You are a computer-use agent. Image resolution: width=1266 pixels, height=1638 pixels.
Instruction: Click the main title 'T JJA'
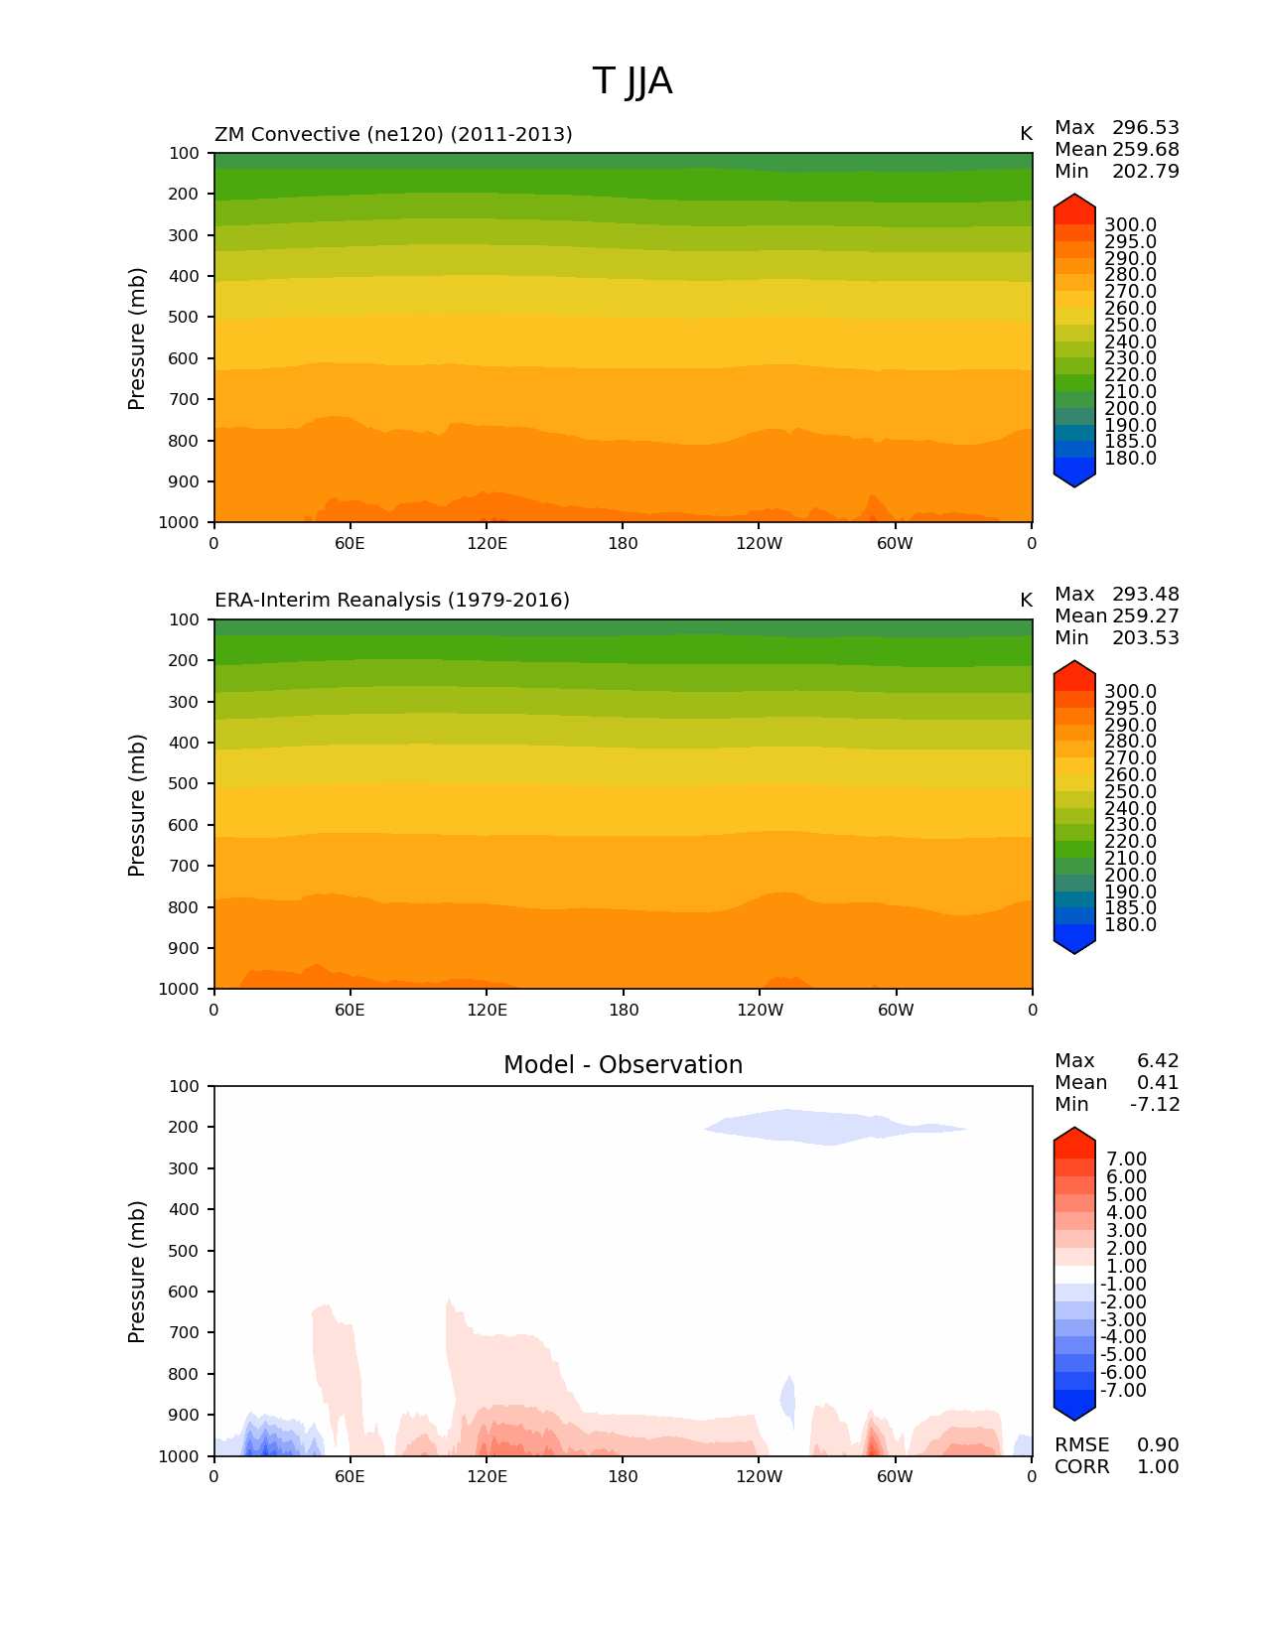coord(632,81)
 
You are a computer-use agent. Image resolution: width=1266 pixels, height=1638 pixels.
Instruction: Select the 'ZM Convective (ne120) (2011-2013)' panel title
coord(393,134)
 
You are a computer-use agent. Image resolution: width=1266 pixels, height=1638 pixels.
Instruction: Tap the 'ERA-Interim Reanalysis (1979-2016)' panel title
coord(392,601)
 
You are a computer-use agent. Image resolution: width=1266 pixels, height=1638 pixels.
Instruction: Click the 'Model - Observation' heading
coord(623,1065)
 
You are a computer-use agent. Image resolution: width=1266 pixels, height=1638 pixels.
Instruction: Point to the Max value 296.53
coord(1145,128)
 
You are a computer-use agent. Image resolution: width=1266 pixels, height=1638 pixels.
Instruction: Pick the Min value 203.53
coord(1145,638)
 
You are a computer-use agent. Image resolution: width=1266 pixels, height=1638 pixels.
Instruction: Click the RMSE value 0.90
coord(1158,1445)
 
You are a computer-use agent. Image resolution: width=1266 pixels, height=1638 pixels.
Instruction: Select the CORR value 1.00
coord(1158,1467)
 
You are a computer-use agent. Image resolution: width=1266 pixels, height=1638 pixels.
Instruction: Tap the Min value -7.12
coord(1155,1105)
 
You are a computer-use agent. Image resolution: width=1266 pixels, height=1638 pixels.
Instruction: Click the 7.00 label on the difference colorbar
coord(1126,1160)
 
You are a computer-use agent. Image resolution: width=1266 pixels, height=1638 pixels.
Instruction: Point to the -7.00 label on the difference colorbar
coord(1123,1391)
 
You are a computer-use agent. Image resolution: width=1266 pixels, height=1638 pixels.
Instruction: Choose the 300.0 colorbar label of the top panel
coord(1130,225)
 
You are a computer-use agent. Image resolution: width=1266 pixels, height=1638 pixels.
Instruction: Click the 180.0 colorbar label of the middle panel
coord(1130,925)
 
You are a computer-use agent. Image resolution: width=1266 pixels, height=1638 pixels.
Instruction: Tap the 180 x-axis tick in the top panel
coord(623,544)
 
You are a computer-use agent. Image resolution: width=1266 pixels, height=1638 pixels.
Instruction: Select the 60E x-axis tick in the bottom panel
coord(350,1477)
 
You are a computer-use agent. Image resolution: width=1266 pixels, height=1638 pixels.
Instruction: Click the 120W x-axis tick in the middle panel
coord(760,1011)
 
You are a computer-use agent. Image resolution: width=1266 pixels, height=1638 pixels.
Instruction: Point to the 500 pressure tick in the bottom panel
coord(185,1251)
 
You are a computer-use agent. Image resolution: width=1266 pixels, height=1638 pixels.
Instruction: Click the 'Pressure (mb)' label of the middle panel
coord(137,805)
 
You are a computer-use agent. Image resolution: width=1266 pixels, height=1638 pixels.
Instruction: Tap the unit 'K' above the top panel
coord(1026,134)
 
